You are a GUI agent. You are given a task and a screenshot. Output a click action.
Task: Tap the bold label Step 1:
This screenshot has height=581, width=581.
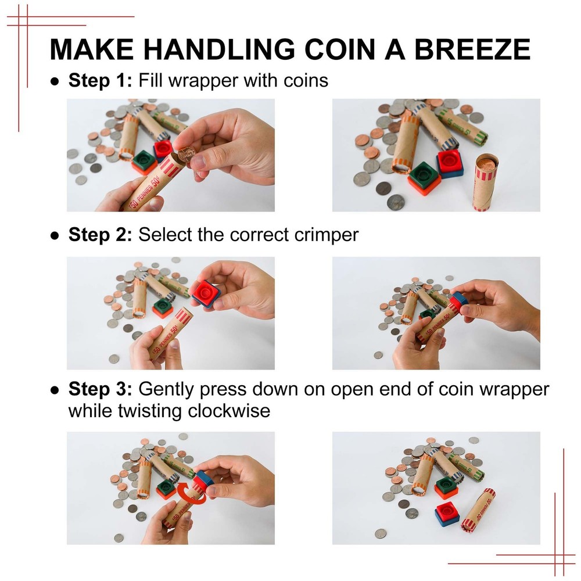tap(101, 80)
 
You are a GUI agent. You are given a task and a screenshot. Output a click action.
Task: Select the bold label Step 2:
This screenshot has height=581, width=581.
tap(101, 235)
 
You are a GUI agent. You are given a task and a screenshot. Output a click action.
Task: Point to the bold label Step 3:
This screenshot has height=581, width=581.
tap(101, 389)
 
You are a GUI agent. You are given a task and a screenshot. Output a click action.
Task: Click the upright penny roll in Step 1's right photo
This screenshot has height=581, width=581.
tap(487, 181)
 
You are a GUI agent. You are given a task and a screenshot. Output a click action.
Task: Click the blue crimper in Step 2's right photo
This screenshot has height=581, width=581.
tap(458, 302)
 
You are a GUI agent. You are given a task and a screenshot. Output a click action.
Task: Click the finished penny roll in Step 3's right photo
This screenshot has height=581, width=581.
tap(478, 510)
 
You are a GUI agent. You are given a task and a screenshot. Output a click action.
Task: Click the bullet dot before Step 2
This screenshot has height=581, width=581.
tap(55, 236)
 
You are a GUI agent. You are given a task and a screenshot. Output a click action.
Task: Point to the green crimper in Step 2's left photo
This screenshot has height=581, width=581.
tap(163, 306)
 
